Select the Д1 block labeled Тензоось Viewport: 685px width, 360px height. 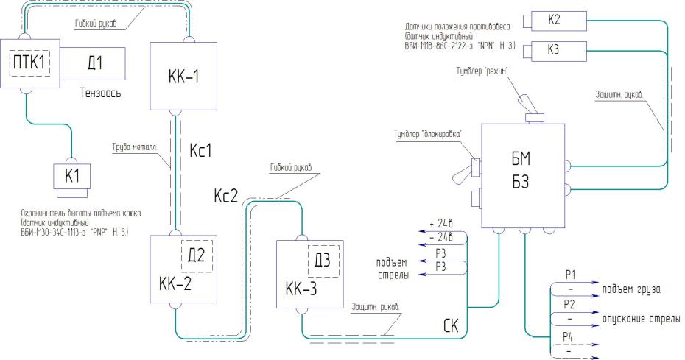[92, 64]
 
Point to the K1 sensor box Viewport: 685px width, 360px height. [71, 177]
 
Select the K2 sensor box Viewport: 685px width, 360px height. [554, 22]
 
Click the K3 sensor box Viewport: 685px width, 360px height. [554, 51]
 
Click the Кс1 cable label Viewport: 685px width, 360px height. [201, 151]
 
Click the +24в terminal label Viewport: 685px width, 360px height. [436, 225]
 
